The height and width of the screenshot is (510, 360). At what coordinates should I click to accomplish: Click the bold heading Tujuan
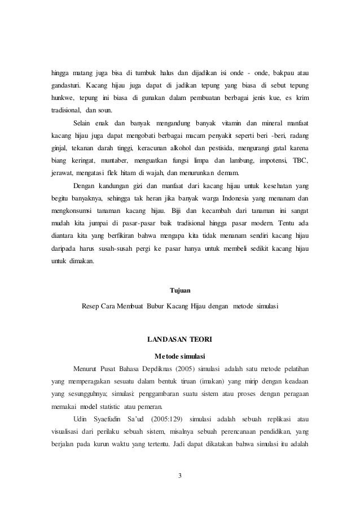(180, 290)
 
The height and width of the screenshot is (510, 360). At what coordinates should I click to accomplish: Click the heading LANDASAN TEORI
(180, 340)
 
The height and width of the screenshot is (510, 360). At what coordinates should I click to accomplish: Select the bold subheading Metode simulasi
(180, 356)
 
